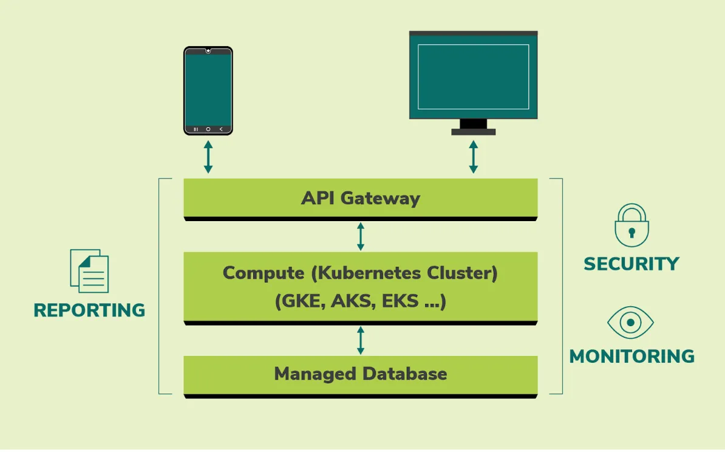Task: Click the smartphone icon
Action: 208,91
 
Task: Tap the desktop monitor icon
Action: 473,76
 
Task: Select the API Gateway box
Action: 361,198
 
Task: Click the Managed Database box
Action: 361,374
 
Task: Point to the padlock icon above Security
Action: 631,225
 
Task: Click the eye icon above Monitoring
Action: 631,322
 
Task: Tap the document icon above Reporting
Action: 90,271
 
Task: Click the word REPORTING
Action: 89,310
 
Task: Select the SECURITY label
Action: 631,264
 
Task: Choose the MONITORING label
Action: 631,356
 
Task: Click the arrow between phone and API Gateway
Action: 208,157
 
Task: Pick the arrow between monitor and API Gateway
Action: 473,157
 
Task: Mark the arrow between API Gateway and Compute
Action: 361,236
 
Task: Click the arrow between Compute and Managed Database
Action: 361,340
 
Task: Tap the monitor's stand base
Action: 473,132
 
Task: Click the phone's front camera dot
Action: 208,51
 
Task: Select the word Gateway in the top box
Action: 380,199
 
